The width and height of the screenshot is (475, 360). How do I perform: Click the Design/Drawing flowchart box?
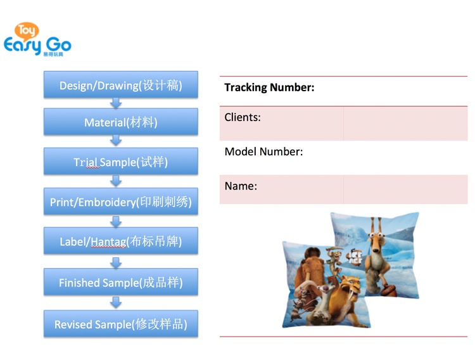[x=121, y=85]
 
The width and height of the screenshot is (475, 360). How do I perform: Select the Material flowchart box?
[x=121, y=122]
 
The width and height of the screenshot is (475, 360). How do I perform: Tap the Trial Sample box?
[x=121, y=162]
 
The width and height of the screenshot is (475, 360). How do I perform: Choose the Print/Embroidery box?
[x=121, y=202]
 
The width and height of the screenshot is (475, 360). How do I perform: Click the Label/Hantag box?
[x=121, y=241]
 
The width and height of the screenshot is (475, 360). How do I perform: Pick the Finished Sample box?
[x=121, y=282]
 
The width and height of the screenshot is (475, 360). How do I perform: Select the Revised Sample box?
[x=121, y=324]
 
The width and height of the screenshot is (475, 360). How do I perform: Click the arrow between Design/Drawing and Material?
[x=116, y=103]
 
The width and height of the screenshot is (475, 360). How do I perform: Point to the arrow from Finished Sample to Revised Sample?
[x=116, y=303]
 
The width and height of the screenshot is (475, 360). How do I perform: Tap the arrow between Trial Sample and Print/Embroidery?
[x=116, y=181]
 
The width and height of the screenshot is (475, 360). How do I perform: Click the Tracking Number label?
[x=269, y=87]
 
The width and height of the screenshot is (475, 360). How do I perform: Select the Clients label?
[x=243, y=117]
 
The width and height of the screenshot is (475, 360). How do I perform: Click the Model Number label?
[x=263, y=151]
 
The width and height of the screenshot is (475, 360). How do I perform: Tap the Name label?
[x=241, y=186]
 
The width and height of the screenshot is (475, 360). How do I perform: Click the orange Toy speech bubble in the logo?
[x=27, y=31]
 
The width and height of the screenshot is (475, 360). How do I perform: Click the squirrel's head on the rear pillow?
[x=376, y=240]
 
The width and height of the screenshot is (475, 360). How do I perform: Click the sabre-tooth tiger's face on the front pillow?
[x=351, y=286]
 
